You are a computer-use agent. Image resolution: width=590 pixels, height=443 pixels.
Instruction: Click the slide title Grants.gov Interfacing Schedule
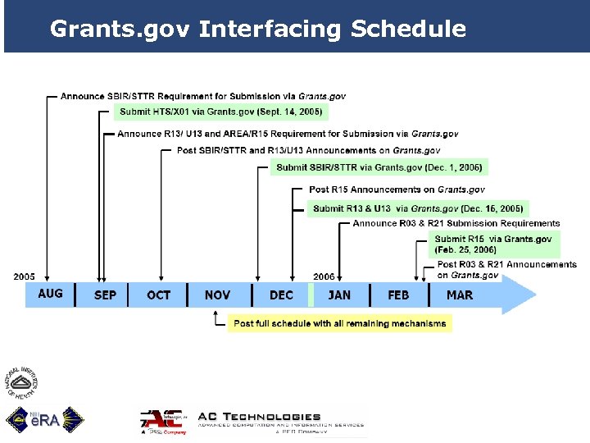click(x=257, y=30)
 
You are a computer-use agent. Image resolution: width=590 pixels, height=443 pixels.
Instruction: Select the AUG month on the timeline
click(x=50, y=294)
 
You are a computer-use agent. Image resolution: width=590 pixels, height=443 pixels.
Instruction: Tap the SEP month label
click(x=105, y=295)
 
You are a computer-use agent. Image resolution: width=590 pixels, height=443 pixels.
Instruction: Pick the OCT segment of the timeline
click(x=158, y=295)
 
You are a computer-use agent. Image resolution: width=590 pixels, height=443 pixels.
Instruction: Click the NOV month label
click(x=217, y=295)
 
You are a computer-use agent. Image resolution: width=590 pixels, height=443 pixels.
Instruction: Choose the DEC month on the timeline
click(x=281, y=295)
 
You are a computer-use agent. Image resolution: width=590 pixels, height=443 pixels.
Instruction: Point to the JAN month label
click(x=339, y=295)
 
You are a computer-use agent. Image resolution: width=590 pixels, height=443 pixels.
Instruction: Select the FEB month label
click(x=398, y=295)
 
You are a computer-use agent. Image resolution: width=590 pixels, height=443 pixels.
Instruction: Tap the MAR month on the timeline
click(x=460, y=295)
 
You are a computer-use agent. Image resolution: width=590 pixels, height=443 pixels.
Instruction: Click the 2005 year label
click(x=25, y=276)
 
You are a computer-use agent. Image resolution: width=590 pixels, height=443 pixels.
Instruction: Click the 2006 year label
click(x=324, y=277)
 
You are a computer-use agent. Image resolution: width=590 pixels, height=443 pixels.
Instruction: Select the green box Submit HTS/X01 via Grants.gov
click(x=220, y=111)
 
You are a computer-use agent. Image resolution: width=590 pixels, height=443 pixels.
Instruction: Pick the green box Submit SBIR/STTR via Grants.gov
click(x=379, y=167)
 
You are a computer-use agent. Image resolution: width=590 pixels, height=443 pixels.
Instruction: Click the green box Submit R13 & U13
click(x=418, y=208)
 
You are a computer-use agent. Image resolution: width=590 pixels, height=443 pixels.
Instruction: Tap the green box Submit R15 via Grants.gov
click(x=494, y=244)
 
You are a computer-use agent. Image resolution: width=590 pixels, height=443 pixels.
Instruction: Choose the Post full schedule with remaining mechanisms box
click(x=339, y=323)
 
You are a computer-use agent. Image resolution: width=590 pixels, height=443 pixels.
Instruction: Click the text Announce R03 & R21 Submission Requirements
click(x=456, y=223)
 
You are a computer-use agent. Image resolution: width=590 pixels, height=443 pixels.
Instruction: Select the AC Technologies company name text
click(x=260, y=417)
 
